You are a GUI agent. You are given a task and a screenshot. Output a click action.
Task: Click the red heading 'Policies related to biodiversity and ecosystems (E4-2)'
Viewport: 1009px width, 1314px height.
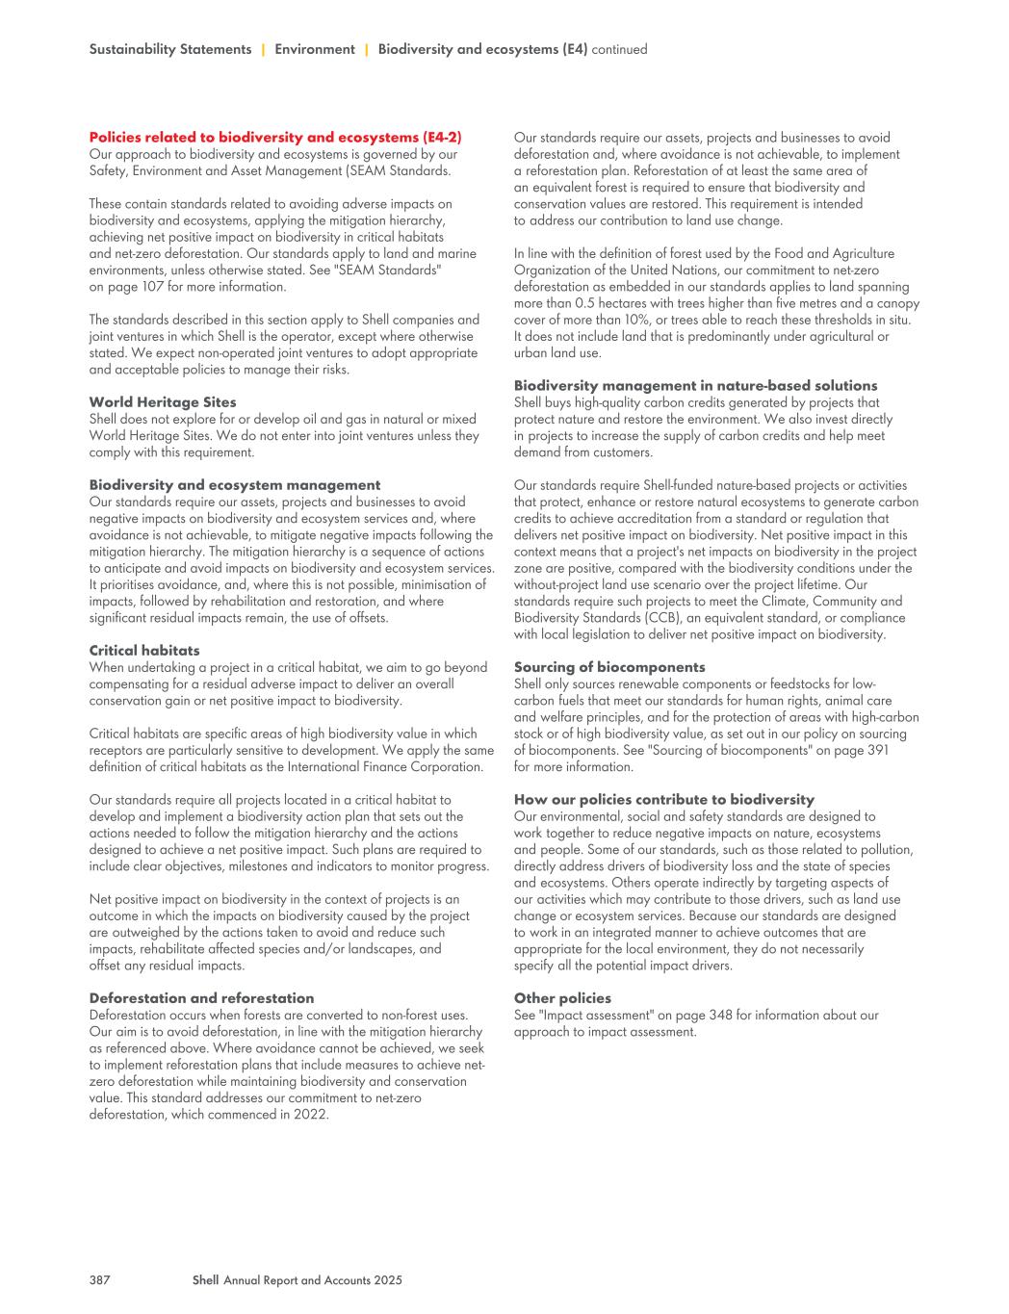275,138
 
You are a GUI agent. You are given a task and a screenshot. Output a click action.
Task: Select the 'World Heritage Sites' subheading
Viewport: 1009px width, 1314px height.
163,402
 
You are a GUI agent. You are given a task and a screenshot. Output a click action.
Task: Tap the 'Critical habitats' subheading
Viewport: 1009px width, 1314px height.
144,651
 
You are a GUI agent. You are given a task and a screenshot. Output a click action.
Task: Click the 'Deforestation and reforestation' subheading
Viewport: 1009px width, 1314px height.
201,998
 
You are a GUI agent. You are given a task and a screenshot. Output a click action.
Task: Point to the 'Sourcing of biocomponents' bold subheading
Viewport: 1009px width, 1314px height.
609,667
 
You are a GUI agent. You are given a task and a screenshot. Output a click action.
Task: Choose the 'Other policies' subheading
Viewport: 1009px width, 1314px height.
562,998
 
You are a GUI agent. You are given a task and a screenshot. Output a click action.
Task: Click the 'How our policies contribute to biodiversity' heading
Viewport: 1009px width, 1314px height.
664,800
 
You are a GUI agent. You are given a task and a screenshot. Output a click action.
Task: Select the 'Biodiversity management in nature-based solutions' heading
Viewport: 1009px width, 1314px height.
695,386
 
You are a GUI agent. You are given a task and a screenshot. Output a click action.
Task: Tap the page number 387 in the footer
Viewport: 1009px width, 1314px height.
100,1280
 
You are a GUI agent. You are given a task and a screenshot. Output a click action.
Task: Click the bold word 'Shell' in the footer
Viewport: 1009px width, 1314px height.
205,1280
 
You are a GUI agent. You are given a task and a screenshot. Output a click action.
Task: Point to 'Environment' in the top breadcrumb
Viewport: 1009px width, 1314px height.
315,49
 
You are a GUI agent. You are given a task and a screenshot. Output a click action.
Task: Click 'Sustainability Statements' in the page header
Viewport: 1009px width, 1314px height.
170,49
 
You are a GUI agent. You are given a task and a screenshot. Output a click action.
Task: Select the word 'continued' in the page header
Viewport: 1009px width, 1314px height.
619,49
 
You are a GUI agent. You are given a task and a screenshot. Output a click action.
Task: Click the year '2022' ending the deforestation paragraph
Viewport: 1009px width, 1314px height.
311,1115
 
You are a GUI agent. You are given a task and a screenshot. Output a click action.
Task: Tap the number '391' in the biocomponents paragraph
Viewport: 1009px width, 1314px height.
877,751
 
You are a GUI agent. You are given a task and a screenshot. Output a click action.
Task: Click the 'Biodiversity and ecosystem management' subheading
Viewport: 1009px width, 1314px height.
235,485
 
